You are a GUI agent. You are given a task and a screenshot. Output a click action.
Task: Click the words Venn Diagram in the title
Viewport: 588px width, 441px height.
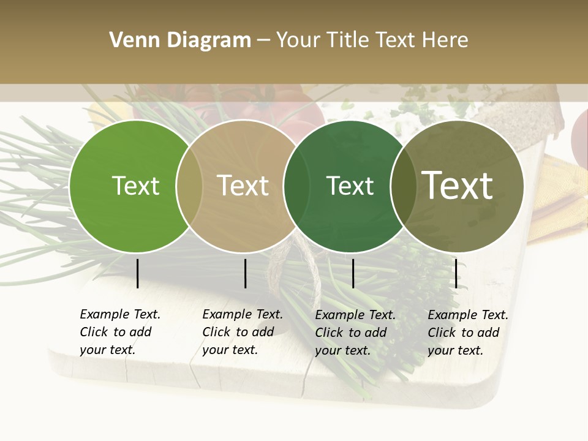[180, 40]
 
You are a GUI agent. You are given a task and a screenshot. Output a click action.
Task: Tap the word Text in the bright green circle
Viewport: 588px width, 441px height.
[135, 186]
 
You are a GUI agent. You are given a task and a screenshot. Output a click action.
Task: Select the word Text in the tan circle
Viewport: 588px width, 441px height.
[243, 186]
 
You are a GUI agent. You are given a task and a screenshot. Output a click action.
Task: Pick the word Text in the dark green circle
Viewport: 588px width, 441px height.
[350, 186]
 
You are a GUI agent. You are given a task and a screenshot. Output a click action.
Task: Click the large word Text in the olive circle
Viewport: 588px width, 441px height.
[458, 185]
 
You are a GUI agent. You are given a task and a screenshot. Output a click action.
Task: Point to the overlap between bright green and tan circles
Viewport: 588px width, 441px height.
[189, 186]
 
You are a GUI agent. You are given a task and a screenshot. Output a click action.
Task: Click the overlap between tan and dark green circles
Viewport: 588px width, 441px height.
[296, 186]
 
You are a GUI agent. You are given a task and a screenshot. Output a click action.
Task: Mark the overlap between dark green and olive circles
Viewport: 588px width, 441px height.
[403, 186]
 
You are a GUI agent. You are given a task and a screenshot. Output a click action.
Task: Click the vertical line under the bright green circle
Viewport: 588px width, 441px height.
[138, 273]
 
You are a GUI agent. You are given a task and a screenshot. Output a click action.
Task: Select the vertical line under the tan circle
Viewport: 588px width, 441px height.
[245, 273]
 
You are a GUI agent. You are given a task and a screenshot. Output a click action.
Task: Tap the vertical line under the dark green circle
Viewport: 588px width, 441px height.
[353, 273]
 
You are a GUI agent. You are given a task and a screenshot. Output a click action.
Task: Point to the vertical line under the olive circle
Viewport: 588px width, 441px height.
[456, 273]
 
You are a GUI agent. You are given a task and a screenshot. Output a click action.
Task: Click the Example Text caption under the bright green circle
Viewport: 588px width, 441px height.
[119, 332]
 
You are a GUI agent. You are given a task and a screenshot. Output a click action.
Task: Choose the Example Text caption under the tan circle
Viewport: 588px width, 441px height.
[242, 332]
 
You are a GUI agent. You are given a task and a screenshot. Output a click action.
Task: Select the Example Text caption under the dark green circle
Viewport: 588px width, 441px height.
[355, 333]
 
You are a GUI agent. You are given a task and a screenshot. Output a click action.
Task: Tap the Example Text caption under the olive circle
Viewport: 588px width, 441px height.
[467, 333]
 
